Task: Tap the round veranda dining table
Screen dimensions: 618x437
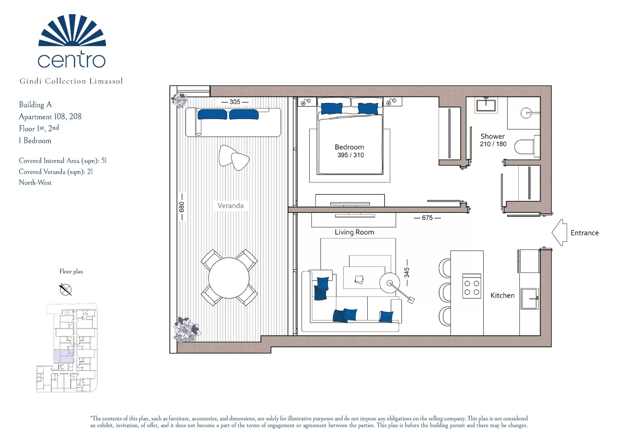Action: tap(229, 278)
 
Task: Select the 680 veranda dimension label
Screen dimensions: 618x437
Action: tap(182, 207)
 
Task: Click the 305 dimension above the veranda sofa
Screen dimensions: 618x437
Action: tap(235, 102)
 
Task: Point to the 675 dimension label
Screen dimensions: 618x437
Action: tap(427, 218)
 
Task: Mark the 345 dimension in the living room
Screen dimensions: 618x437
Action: tap(407, 273)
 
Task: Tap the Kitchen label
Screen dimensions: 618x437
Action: tap(502, 295)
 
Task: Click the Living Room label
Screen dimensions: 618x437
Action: tap(354, 232)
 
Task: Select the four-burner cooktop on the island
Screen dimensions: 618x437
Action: tap(471, 286)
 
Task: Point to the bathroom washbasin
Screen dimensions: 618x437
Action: tap(486, 105)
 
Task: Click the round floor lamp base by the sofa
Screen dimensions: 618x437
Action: tap(389, 283)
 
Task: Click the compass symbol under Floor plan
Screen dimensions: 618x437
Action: tap(65, 289)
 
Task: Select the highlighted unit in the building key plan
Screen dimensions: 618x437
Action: tap(64, 356)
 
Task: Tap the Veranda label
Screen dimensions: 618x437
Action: tap(230, 206)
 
